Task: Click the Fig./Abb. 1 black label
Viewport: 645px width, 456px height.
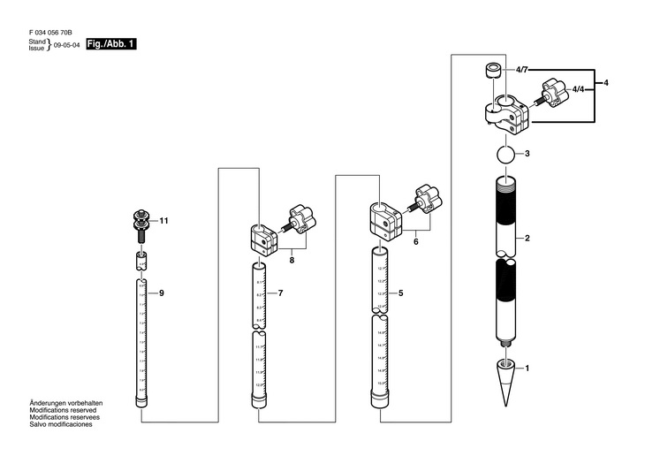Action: tap(111, 44)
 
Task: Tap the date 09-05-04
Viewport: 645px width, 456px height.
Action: tap(67, 45)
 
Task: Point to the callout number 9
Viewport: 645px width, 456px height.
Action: tap(161, 293)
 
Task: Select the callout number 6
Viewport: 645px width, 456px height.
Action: tap(414, 239)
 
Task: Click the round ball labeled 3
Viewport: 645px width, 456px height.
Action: tap(504, 155)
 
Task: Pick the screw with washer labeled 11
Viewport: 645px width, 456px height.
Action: tap(140, 224)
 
